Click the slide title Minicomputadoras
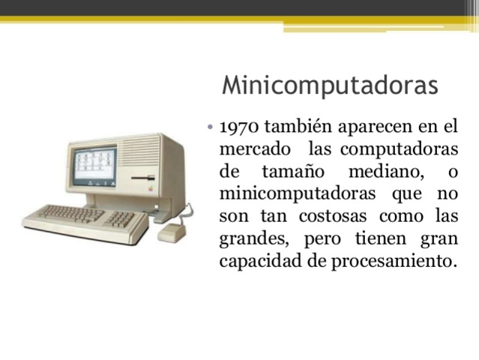coord(330,84)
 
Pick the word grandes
coord(256,240)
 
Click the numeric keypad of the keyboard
coord(121,219)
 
